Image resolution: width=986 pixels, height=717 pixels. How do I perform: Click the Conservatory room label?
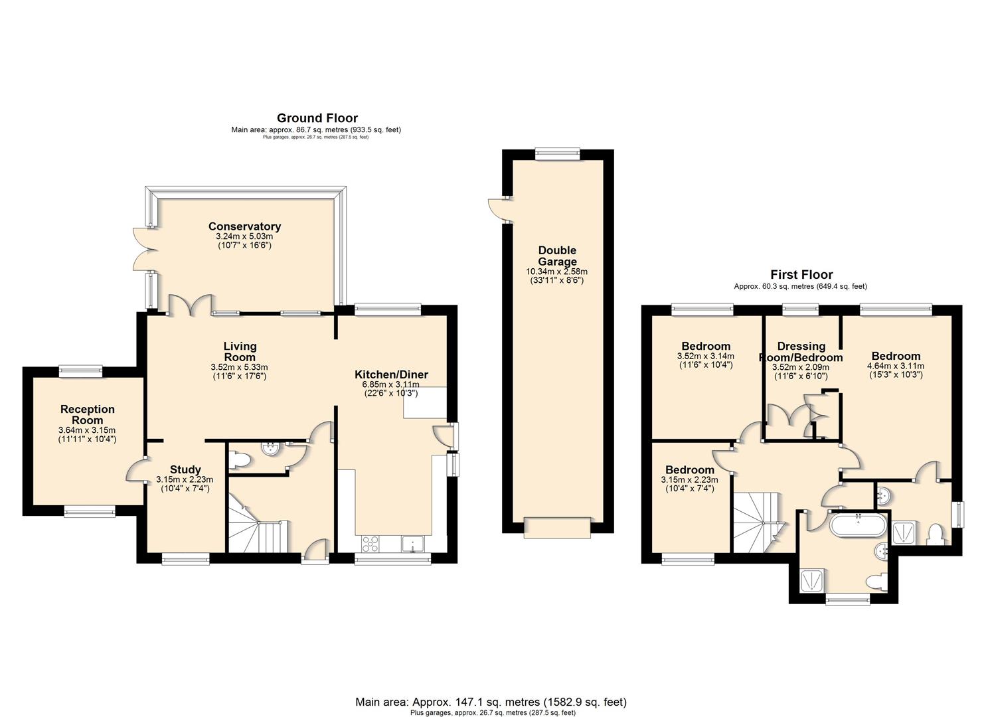point(244,226)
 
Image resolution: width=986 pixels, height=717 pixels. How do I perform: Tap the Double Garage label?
point(557,256)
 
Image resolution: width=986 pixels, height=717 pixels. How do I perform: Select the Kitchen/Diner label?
point(391,374)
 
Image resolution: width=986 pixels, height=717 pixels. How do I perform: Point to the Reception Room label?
point(88,415)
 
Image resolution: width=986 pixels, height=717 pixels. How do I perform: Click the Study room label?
point(185,469)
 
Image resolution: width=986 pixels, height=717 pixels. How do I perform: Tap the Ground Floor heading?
point(317,118)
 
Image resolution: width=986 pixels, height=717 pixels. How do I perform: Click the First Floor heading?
point(801,275)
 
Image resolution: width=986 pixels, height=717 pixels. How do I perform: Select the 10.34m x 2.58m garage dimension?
point(557,272)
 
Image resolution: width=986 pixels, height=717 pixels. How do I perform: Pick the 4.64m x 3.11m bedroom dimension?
point(896,366)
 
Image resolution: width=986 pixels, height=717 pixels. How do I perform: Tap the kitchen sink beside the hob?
point(412,544)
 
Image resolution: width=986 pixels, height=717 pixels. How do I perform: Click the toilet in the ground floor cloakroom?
point(240,461)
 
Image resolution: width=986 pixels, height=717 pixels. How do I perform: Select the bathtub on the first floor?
point(858,525)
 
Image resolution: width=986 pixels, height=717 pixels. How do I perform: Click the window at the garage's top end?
point(557,153)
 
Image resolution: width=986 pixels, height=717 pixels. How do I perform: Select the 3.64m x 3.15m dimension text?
point(87,430)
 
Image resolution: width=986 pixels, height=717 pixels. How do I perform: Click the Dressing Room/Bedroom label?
point(801,352)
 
